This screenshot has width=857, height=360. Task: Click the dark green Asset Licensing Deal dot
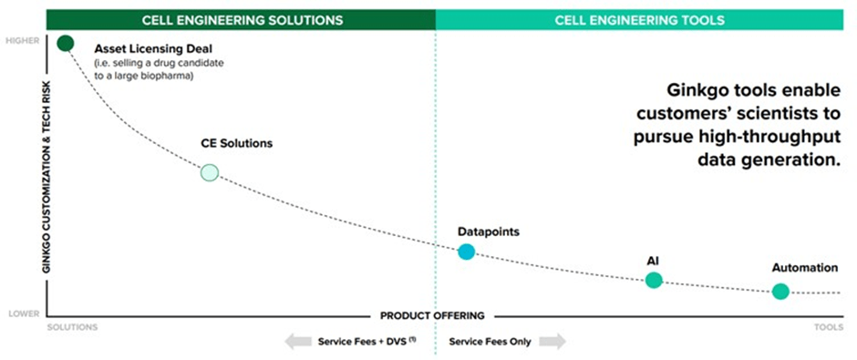[65, 43]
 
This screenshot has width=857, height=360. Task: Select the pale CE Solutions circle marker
[210, 171]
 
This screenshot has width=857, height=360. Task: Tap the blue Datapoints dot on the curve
[466, 252]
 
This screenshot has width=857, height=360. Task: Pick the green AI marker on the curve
[654, 280]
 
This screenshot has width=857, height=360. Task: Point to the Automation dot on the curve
[780, 292]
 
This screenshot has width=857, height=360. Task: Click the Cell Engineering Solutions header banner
[242, 18]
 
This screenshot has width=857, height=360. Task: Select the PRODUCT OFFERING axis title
[432, 316]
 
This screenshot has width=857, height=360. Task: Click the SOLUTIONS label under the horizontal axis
[72, 326]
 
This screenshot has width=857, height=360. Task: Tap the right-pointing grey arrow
[552, 342]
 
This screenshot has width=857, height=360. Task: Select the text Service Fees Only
[490, 342]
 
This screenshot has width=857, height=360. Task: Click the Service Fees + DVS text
[362, 342]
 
